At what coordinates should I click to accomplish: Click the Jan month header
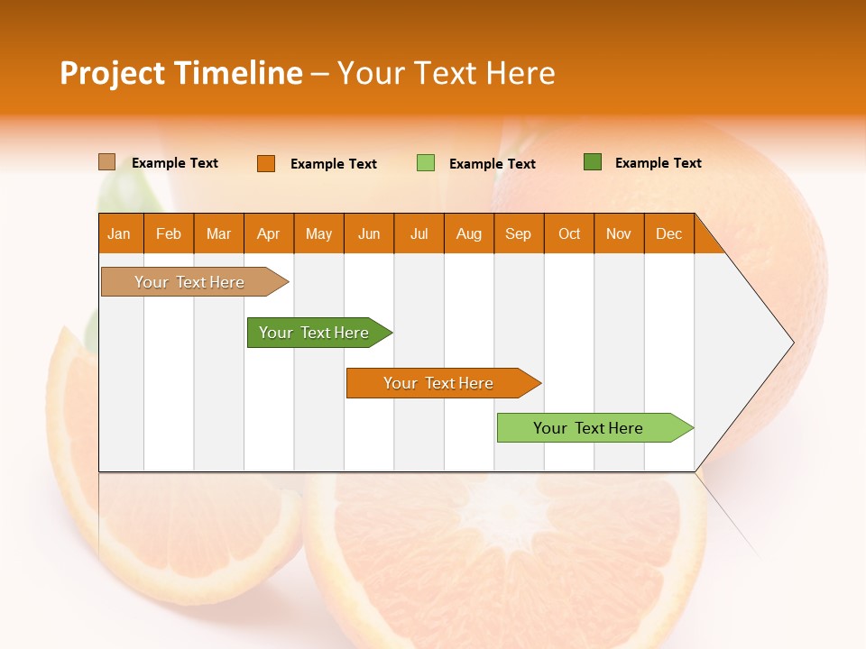tap(120, 233)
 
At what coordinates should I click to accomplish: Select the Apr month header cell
tap(269, 233)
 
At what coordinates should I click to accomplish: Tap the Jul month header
tap(419, 233)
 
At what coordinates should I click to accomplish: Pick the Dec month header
tap(669, 233)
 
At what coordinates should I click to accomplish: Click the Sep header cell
tap(519, 233)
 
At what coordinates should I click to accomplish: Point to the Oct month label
tap(569, 233)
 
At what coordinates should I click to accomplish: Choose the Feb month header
tap(169, 233)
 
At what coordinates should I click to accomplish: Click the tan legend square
tap(106, 162)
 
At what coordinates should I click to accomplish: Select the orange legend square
tap(265, 163)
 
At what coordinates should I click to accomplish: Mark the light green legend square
tap(425, 163)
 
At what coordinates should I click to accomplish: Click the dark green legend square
tap(592, 162)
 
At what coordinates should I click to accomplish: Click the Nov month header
tap(619, 233)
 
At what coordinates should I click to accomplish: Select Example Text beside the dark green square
tap(658, 162)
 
